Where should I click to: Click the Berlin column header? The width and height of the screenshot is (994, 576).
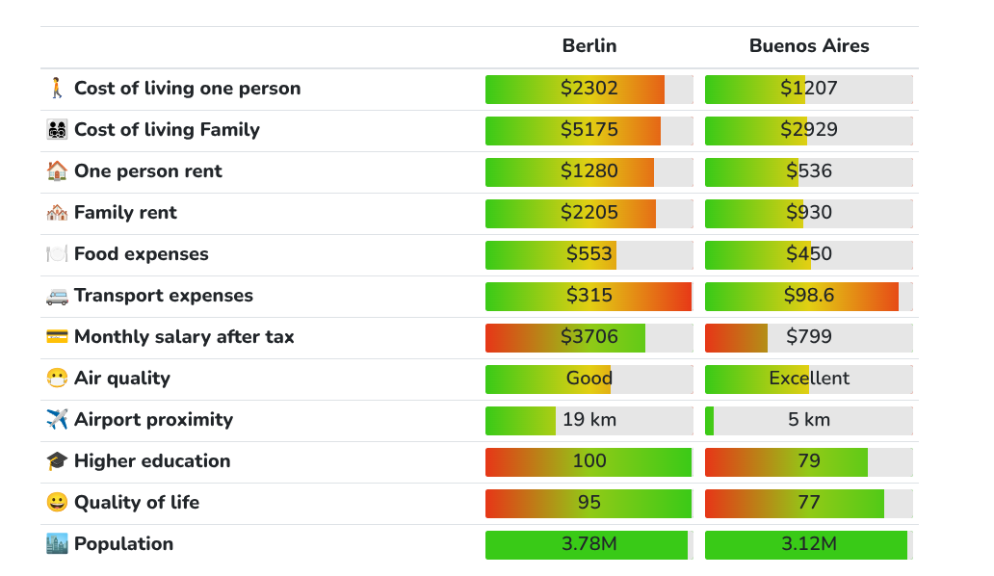coord(589,45)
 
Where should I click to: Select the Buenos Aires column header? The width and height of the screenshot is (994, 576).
coord(809,45)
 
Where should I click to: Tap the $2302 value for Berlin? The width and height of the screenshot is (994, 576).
coord(589,88)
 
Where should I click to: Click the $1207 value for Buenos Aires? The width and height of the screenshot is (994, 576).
coord(809,88)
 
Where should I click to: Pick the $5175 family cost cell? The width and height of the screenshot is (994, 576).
coord(589,130)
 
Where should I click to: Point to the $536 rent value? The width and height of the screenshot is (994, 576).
coord(809,171)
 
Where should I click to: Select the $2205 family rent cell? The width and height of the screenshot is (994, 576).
coord(589,212)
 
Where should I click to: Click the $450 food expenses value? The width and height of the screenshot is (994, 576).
coord(809,254)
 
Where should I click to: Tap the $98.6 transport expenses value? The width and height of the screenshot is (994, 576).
coord(809,296)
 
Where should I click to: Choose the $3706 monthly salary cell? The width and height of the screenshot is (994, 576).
coord(589,336)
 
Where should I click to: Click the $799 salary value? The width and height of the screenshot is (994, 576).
coord(809,336)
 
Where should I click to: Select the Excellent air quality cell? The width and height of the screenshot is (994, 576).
coord(809,379)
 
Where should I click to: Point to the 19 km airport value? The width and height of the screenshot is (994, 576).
coord(589,420)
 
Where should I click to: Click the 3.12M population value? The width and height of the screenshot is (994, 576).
coord(809,543)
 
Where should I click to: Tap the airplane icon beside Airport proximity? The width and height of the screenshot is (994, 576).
coord(57,419)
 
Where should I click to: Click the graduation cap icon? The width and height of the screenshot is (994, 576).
coord(57,460)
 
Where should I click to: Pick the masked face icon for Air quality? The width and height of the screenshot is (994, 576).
coord(57,379)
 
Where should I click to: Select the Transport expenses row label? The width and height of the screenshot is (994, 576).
coord(164,296)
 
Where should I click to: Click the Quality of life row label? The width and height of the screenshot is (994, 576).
coord(137,503)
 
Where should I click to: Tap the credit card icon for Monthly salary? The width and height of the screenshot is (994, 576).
coord(57,336)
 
